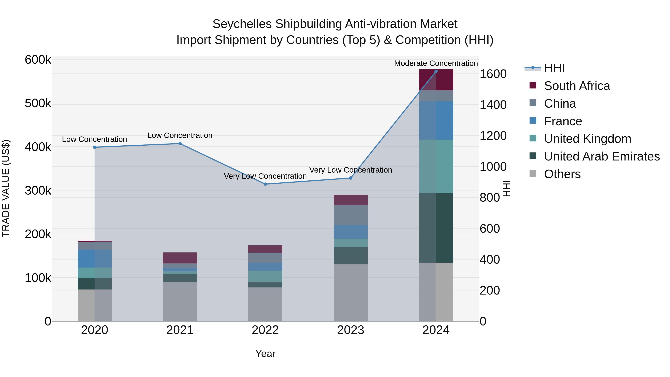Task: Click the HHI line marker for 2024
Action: [436, 71]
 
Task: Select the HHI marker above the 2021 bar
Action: [180, 144]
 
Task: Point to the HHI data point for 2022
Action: [265, 184]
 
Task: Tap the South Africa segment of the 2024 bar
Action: [436, 80]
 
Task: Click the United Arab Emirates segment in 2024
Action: [436, 228]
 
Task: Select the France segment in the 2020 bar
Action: [94, 258]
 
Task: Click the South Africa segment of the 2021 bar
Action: [180, 258]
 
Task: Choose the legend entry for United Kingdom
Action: [587, 139]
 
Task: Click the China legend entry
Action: [560, 104]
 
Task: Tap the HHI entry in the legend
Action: [554, 68]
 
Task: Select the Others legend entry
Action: [562, 174]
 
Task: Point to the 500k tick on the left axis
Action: [38, 103]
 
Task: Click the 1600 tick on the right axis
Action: [493, 74]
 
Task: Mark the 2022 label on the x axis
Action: [265, 330]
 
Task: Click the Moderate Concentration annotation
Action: [436, 63]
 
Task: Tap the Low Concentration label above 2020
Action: [94, 139]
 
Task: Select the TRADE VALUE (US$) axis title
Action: [6, 188]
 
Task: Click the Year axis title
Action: [265, 354]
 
